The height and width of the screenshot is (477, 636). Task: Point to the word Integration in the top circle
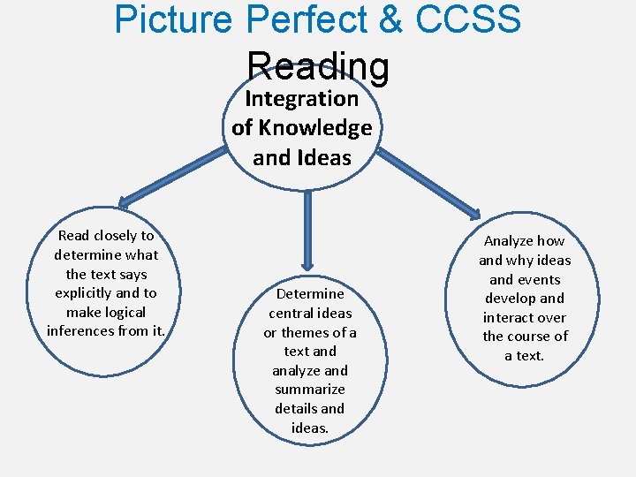[301, 98]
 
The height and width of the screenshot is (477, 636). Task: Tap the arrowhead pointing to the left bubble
[125, 201]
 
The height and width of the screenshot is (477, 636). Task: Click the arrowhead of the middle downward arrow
[307, 262]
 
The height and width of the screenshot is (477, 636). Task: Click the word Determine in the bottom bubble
[310, 294]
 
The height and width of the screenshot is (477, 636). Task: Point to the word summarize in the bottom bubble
[310, 390]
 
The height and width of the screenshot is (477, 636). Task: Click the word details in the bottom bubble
[296, 409]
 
